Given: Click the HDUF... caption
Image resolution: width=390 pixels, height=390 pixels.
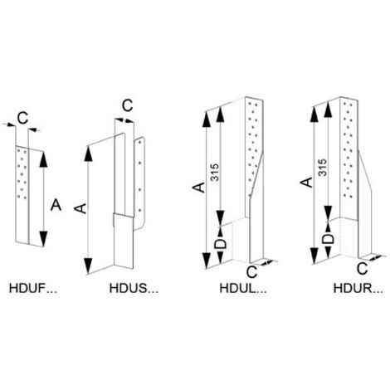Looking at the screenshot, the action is coord(34,289).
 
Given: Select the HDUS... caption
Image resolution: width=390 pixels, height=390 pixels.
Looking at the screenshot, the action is coord(134,289).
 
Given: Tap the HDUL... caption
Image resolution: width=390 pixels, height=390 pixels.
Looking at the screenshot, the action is coord(243,289).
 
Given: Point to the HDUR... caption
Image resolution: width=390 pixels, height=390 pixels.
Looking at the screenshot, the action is coord(358,289).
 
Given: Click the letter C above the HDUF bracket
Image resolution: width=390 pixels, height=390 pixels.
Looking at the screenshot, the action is coord(22,118).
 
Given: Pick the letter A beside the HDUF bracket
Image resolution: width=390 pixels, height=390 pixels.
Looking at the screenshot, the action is coord(56,206).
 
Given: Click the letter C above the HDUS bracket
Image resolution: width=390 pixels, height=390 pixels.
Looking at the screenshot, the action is coord(128,105).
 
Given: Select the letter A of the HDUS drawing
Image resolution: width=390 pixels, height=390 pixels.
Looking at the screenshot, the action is coord(82,208).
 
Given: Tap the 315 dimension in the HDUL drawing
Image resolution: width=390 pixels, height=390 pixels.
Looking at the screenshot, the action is coord(215,173).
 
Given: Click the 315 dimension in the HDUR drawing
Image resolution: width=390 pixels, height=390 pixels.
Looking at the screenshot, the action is coord(322,167).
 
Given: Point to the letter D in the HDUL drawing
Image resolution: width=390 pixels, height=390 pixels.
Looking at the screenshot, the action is coord(221,244).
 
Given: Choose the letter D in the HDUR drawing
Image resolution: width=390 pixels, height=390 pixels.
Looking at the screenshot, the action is coord(329,239).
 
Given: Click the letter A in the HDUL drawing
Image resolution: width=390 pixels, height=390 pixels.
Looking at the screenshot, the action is coord(199,188).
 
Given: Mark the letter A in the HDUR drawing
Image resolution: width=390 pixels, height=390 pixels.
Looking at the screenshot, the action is coord(306,183).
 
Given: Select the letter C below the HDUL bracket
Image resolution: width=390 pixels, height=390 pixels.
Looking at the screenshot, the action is coord(251,272).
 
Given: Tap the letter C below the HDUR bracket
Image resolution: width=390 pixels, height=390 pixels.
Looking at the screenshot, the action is coord(362,268).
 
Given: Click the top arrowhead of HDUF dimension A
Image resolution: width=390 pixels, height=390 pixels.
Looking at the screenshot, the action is coord(43,159).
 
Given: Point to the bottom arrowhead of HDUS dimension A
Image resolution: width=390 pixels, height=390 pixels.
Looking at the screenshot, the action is coord(88,266).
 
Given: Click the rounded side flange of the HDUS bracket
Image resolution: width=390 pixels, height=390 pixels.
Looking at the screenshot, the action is coord(139,183).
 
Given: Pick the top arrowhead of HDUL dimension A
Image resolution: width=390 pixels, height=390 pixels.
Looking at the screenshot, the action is coord(206,119).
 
